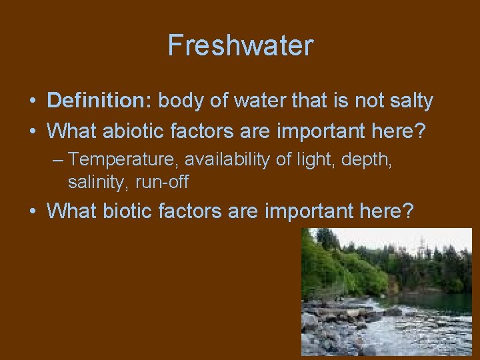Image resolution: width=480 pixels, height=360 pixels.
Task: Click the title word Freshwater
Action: [240, 46]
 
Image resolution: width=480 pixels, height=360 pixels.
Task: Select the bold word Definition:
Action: [101, 101]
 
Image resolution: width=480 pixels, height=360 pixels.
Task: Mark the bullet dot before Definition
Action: [32, 101]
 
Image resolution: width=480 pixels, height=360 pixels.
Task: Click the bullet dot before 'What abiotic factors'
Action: [32, 131]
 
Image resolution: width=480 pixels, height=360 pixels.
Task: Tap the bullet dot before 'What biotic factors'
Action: [32, 211]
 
